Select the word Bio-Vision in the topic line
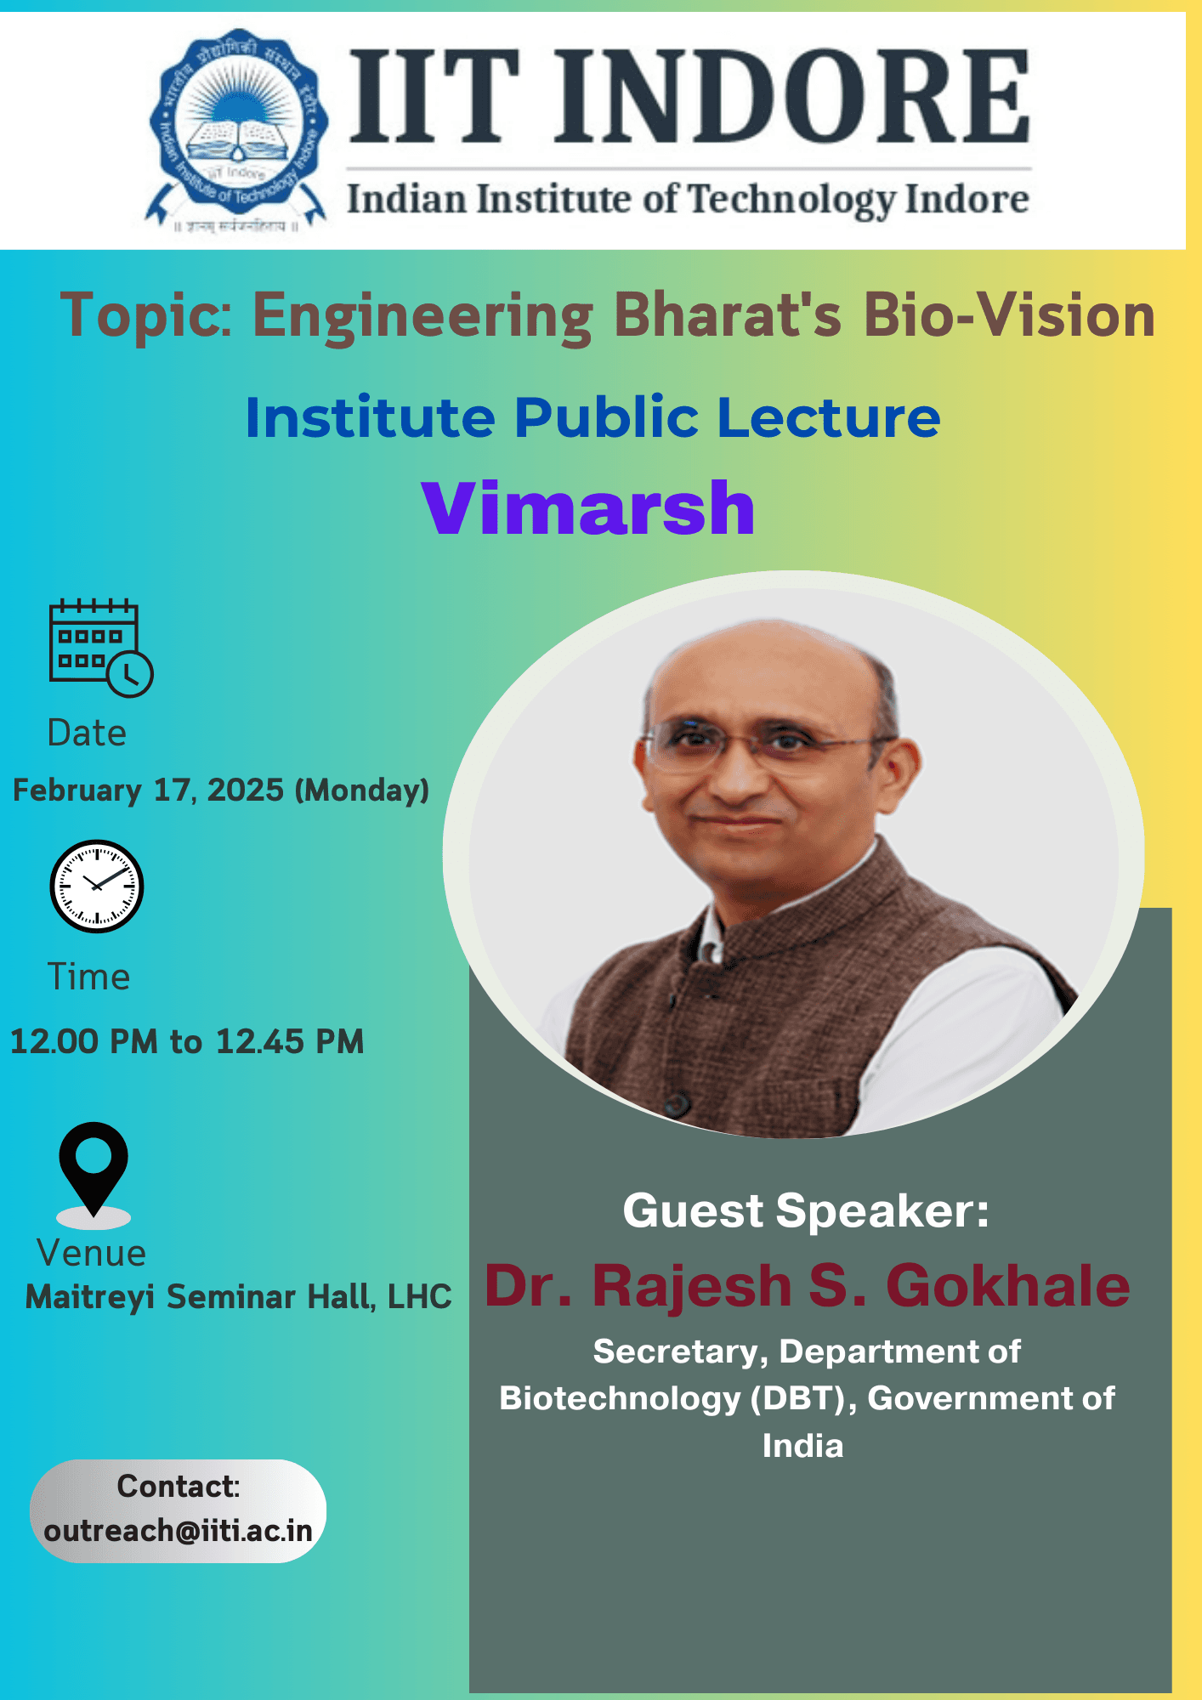point(1009,315)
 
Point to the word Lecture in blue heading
point(829,417)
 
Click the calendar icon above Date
point(99,648)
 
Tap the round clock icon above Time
point(97,886)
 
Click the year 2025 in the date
point(246,790)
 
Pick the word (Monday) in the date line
point(361,790)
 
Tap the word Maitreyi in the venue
point(89,1297)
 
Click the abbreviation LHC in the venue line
point(419,1297)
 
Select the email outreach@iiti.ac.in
point(179,1531)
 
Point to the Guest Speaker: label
point(806,1210)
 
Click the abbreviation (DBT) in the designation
point(803,1398)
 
